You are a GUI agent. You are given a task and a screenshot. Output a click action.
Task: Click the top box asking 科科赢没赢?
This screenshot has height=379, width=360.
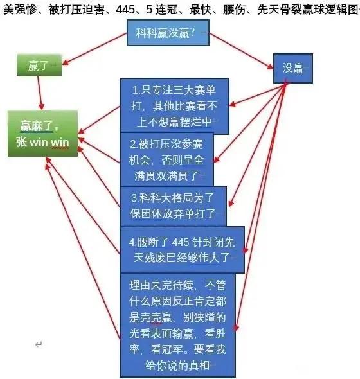168,33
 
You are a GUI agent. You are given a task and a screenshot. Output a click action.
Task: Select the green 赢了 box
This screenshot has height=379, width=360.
39,66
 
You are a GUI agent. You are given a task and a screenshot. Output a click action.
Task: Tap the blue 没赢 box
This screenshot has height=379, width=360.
293,68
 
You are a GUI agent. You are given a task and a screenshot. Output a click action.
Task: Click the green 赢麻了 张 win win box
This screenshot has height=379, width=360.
42,134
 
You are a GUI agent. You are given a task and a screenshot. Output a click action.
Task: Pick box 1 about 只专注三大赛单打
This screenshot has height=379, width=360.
174,106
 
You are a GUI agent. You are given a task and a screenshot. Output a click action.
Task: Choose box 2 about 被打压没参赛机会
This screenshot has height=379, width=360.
166,159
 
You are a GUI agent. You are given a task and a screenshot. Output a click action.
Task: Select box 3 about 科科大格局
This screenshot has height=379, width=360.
173,206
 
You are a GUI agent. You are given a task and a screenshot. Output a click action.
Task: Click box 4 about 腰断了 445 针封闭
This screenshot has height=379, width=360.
182,250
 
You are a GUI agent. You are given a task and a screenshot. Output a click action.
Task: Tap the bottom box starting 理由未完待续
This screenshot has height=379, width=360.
177,325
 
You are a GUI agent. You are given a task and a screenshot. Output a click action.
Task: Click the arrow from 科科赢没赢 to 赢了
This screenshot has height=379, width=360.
94,49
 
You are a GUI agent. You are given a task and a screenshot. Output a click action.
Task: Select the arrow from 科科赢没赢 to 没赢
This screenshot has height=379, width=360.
241,51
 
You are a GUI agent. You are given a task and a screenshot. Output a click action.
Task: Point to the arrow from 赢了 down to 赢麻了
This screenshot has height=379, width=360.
40,93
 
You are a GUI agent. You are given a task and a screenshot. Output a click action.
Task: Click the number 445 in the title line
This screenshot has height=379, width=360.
125,10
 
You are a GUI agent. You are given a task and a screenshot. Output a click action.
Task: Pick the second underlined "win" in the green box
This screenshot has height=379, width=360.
60,142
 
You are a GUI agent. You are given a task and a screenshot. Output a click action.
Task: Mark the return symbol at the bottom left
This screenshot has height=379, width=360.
39,344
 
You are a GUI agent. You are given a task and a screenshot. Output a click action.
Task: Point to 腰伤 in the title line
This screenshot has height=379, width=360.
234,10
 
